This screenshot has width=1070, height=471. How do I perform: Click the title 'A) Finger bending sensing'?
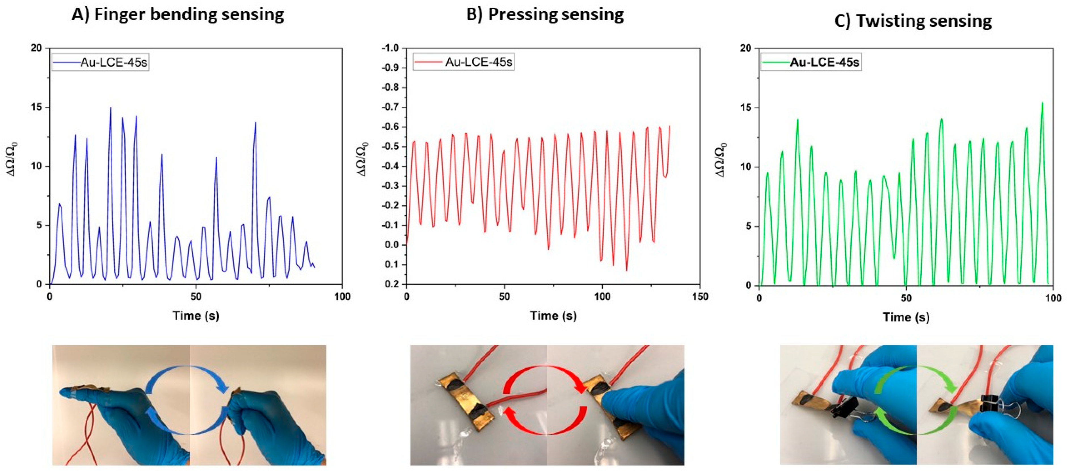pyautogui.click(x=178, y=14)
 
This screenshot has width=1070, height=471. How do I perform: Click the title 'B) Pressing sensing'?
pyautogui.click(x=545, y=14)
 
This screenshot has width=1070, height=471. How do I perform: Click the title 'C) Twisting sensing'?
pyautogui.click(x=913, y=21)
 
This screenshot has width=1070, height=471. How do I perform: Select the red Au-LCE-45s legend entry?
pyautogui.click(x=464, y=62)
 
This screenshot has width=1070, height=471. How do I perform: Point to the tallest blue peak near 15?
pyautogui.click(x=111, y=108)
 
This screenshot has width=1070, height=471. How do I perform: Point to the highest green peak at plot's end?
pyautogui.click(x=1042, y=103)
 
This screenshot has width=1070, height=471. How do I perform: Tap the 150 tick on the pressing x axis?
pyautogui.click(x=700, y=297)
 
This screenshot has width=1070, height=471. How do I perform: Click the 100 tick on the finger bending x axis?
pyautogui.click(x=342, y=297)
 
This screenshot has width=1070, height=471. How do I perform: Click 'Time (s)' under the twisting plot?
pyautogui.click(x=906, y=317)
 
